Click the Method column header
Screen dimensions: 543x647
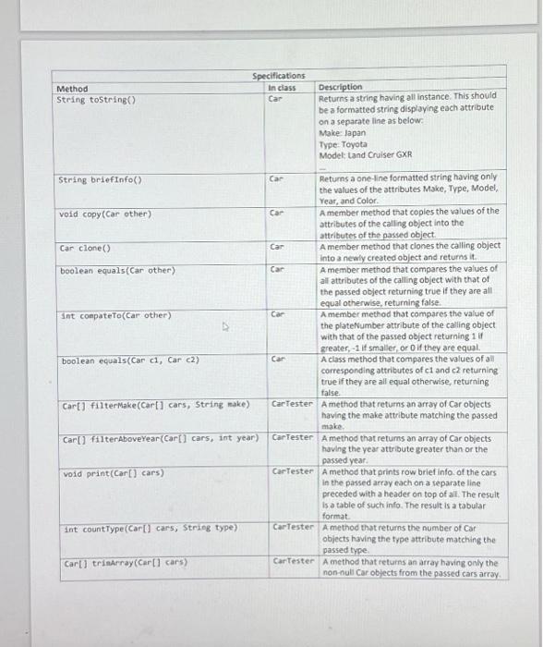point(73,89)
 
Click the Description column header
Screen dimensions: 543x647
point(341,87)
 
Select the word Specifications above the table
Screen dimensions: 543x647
point(279,76)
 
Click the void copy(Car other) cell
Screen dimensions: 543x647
point(104,214)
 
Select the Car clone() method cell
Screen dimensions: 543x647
point(85,248)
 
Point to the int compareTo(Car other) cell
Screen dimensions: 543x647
point(116,315)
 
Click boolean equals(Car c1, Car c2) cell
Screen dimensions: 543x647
point(130,360)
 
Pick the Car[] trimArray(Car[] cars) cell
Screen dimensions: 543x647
point(126,563)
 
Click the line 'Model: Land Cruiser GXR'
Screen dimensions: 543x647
point(366,155)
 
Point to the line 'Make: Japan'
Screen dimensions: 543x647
point(343,132)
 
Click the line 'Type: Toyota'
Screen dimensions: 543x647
point(344,144)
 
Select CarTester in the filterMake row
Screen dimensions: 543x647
point(294,404)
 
